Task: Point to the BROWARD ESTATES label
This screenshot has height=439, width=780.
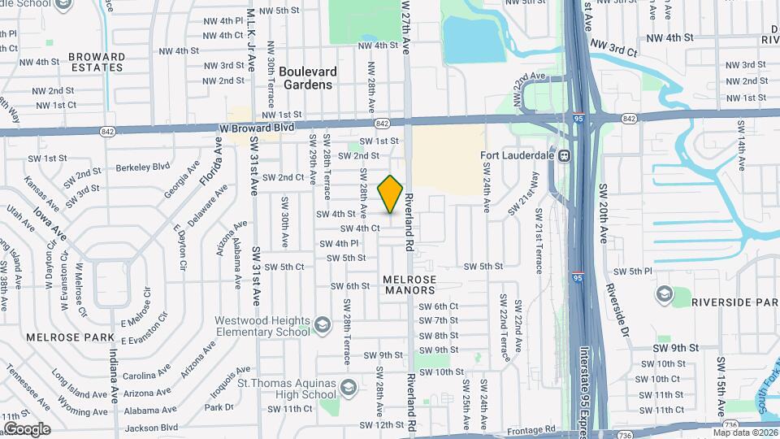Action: pos(97,62)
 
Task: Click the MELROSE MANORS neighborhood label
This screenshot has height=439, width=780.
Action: pos(409,284)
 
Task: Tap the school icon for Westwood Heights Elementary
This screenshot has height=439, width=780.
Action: pos(323,326)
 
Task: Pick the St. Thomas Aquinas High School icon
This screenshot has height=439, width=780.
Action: pos(347,388)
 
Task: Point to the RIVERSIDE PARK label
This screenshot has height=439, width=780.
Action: pos(734,302)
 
